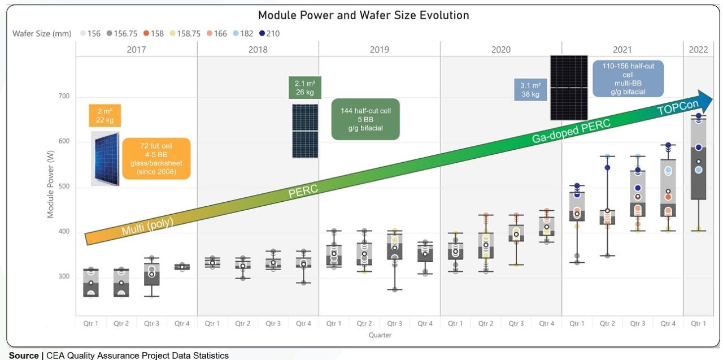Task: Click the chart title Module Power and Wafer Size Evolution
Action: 363,15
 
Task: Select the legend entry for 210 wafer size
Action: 268,33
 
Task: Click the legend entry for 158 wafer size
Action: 153,33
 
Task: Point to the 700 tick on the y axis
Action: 63,96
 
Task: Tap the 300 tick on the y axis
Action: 63,277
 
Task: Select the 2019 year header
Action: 380,50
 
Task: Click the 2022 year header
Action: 698,50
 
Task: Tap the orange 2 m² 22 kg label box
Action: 104,115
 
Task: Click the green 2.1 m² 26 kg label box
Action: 304,88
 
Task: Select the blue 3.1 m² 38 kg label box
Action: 530,90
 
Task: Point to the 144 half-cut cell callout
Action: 365,119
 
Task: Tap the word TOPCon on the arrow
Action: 678,105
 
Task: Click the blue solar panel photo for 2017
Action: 106,158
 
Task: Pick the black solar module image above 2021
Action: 569,88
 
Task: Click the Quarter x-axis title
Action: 380,335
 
